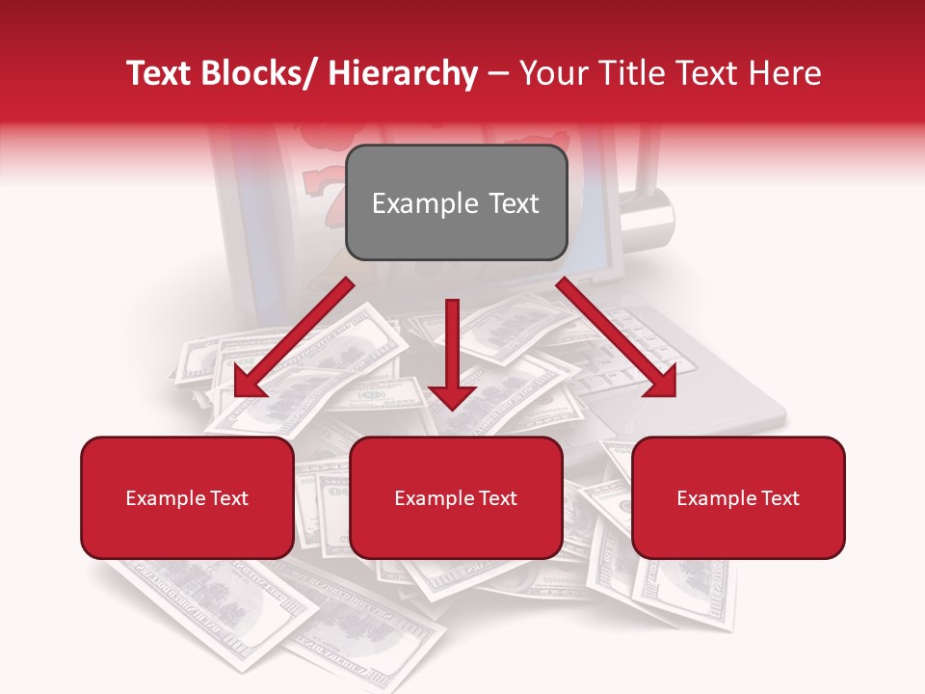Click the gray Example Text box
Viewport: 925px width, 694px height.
coord(456,202)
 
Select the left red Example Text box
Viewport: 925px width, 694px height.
coord(187,497)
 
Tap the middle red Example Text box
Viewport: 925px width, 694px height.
coord(456,497)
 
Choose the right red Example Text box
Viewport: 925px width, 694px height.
coord(738,497)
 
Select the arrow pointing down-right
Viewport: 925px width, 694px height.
coord(617,337)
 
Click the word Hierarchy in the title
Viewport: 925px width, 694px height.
coord(403,73)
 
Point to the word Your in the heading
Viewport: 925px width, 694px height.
coord(553,73)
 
